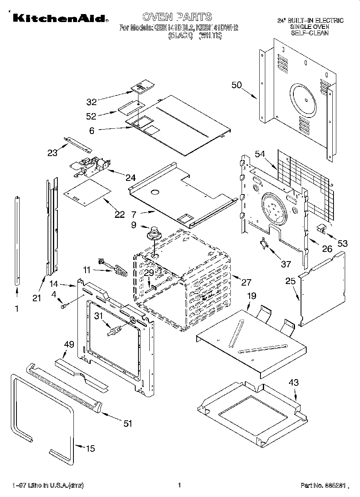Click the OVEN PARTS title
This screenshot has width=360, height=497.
177,17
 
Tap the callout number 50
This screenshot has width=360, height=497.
237,85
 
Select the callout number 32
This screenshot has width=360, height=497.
92,101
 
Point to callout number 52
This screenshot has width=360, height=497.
92,116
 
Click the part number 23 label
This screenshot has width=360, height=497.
53,152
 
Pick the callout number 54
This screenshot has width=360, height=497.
260,154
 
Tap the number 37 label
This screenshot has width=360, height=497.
285,264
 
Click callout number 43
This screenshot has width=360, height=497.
294,383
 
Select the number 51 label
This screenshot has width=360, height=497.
128,424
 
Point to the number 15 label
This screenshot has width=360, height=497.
91,448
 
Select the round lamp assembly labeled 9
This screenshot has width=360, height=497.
154,233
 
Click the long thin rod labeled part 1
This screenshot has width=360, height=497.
17,241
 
